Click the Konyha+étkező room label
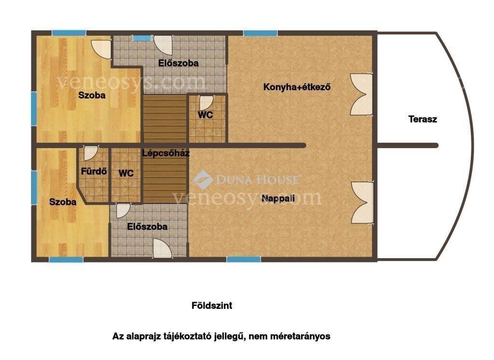coord(297,87)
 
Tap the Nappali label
coord(278,198)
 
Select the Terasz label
coord(423,119)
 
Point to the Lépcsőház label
coord(166,153)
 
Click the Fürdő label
coord(94,171)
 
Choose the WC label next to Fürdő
coord(126,173)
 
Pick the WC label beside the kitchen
coord(206,115)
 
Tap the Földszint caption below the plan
coord(212,305)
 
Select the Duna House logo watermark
coord(247,180)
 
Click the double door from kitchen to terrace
coord(362,95)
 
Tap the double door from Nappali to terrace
coord(362,203)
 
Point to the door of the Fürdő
coord(91,153)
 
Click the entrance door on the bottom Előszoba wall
coord(163,249)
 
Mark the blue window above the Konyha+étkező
coord(260,33)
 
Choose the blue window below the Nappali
coord(244,260)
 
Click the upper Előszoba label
coord(178,63)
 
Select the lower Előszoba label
coord(147,227)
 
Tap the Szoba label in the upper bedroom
coord(92,95)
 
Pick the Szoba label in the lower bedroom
coord(63,202)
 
